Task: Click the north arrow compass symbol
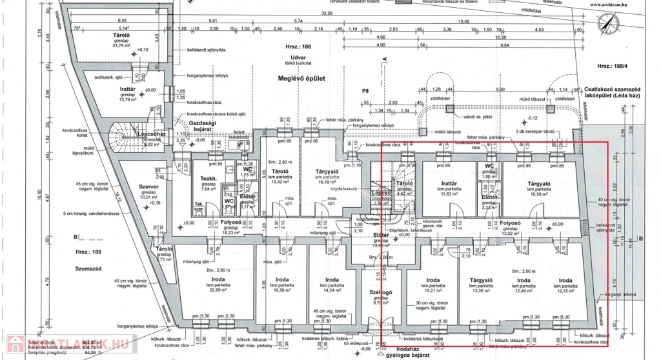(607, 24)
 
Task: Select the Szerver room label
(148, 186)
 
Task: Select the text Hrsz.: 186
(298, 48)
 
